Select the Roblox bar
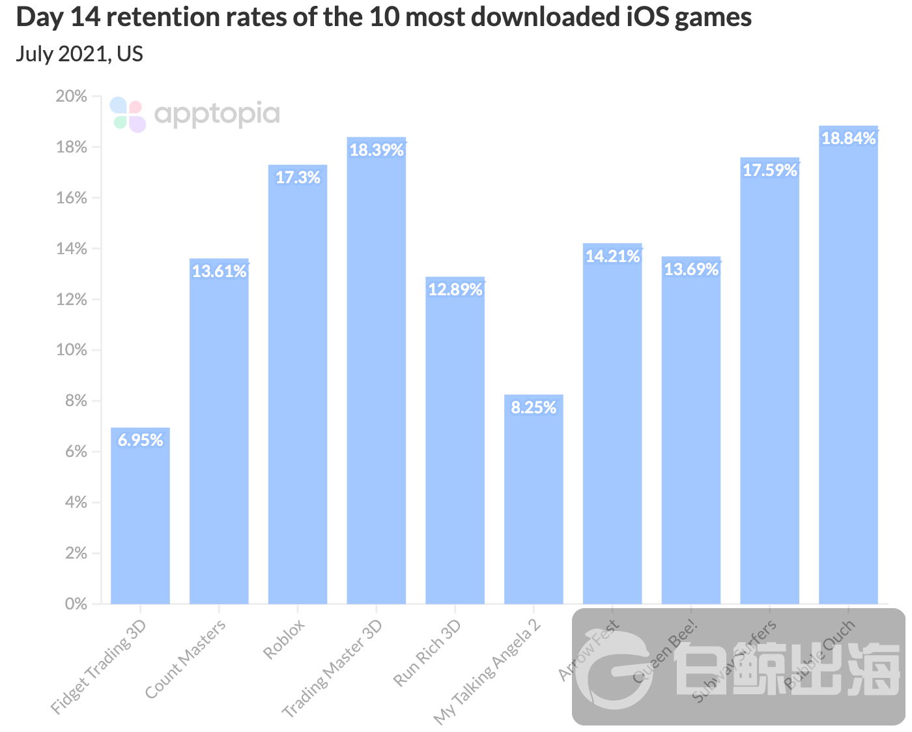pos(298,391)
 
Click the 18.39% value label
pos(377,151)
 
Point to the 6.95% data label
pos(140,440)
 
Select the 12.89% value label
pos(455,289)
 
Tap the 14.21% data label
pos(612,256)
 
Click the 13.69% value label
pos(691,269)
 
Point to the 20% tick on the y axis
pos(72,96)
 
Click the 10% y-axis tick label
pos(72,350)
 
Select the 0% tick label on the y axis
pos(76,604)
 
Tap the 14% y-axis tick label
pos(72,248)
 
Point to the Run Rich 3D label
pos(428,652)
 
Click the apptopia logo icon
pos(128,114)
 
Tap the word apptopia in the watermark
pos(217,115)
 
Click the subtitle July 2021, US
pos(79,53)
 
